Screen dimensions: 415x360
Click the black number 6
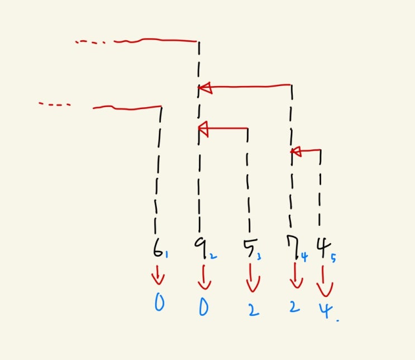click(158, 249)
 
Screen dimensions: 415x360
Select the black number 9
click(199, 247)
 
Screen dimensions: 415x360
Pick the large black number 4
click(323, 247)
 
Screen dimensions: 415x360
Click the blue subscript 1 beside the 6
click(167, 254)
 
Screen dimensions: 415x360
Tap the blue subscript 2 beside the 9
click(213, 256)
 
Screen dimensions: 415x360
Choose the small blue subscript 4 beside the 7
click(304, 257)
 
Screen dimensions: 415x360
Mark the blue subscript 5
click(333, 258)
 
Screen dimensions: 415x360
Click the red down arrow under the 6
click(158, 275)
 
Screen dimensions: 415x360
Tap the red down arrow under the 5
click(253, 278)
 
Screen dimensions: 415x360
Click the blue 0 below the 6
click(159, 302)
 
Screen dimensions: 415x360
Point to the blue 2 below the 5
click(254, 310)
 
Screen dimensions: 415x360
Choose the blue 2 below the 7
click(294, 307)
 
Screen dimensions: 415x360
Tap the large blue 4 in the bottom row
click(326, 310)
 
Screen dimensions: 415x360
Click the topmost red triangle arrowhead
click(206, 88)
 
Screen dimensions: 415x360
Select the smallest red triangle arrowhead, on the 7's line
click(296, 152)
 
